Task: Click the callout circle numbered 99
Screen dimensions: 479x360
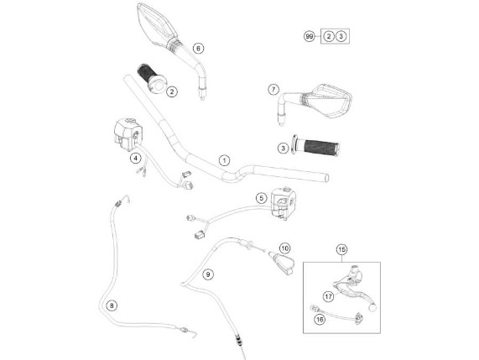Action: pos(310,37)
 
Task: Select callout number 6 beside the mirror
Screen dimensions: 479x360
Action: pos(198,49)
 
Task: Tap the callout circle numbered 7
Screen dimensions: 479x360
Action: pos(273,90)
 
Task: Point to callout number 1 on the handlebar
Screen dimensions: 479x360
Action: pos(225,160)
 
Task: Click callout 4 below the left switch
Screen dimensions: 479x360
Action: pos(135,158)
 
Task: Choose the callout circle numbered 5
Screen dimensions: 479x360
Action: pos(261,198)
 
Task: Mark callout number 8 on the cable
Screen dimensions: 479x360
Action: pos(112,305)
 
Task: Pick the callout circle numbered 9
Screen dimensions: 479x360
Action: pos(208,274)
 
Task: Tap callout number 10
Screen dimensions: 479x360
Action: pos(284,248)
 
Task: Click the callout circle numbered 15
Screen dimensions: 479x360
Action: pos(341,250)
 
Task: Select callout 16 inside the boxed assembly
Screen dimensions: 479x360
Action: pos(320,320)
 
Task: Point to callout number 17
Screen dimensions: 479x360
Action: pos(328,296)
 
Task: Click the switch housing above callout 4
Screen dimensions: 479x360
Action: pos(128,134)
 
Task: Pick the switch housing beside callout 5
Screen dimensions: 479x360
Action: pos(284,203)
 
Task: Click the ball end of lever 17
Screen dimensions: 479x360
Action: pos(372,307)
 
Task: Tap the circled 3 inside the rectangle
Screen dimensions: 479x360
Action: pos(341,36)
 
